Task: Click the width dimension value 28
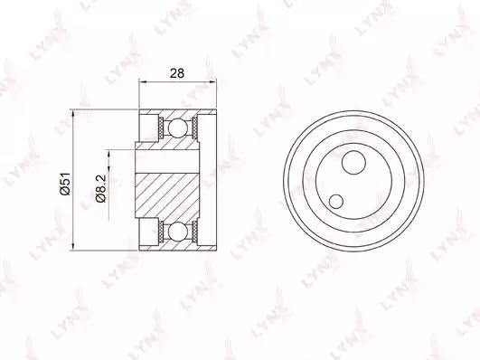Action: tap(177, 73)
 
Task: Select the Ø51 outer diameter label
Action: tap(65, 184)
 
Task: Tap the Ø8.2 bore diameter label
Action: tap(100, 188)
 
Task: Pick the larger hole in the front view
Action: tap(353, 163)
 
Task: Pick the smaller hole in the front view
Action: tap(336, 202)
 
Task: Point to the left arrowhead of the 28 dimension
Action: tap(142, 81)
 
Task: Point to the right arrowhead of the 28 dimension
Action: tap(213, 81)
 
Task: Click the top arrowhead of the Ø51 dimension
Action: tap(73, 112)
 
